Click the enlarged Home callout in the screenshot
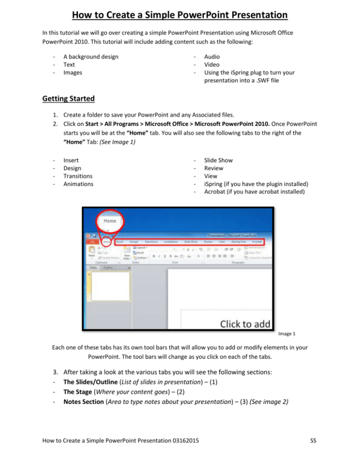109,220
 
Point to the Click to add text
246,323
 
